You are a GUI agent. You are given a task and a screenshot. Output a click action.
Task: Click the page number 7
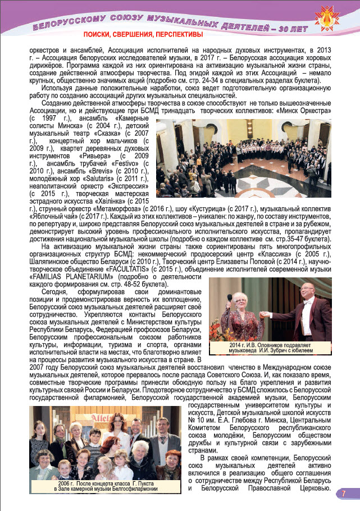tap(343, 494)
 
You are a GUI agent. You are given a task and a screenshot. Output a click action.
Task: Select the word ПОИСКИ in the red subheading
tap(92, 35)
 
